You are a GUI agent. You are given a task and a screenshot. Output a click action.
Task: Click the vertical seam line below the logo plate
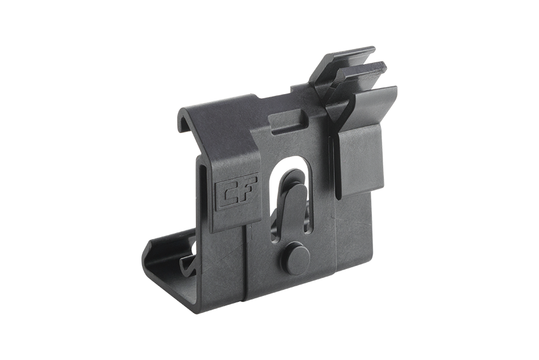[244, 264]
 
